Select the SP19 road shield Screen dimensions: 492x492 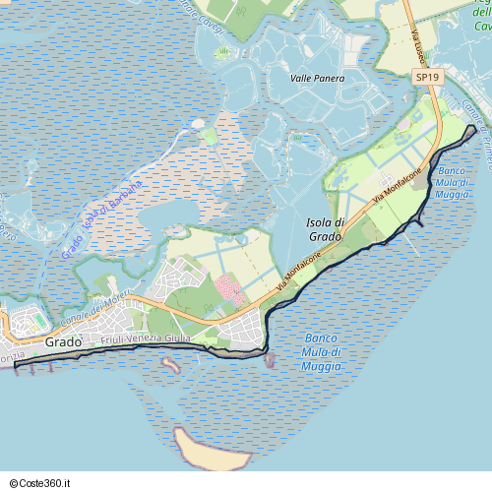426,76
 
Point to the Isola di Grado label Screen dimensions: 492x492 325,229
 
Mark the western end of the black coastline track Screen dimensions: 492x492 16,366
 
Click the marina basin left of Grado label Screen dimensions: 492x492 22,323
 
